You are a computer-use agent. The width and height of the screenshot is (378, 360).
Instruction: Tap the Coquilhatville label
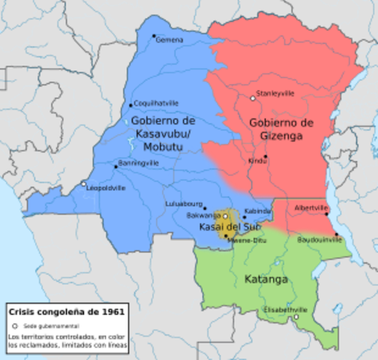point(154,105)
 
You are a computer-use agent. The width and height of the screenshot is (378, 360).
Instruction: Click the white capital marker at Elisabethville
point(296,316)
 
